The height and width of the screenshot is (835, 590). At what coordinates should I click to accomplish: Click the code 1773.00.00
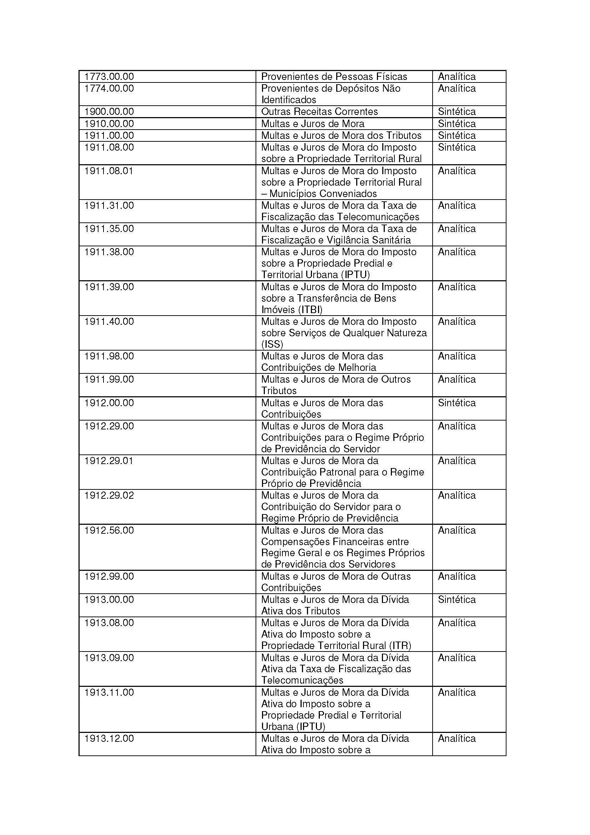(x=109, y=77)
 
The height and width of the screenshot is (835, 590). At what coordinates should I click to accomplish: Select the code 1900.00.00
(x=109, y=112)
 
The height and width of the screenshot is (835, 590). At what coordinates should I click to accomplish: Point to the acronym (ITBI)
(x=310, y=310)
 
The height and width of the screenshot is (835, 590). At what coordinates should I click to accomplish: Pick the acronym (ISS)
(x=272, y=344)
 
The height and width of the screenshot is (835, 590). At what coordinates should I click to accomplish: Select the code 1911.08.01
(x=109, y=171)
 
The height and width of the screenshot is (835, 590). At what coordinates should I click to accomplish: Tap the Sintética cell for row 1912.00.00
(x=457, y=403)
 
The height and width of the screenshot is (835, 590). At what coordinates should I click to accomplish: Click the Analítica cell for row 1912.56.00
(x=457, y=530)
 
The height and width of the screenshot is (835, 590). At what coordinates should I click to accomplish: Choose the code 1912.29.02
(x=109, y=496)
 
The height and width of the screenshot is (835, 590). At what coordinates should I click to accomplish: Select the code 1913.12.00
(x=109, y=739)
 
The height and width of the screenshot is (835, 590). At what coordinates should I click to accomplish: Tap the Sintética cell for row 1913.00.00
(x=457, y=600)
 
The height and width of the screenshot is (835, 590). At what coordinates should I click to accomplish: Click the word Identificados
(x=289, y=100)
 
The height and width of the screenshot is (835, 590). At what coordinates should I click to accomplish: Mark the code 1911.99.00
(x=109, y=379)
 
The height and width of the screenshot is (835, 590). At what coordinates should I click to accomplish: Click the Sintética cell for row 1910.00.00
(x=457, y=124)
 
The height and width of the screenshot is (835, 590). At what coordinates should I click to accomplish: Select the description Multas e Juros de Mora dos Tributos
(x=341, y=136)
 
